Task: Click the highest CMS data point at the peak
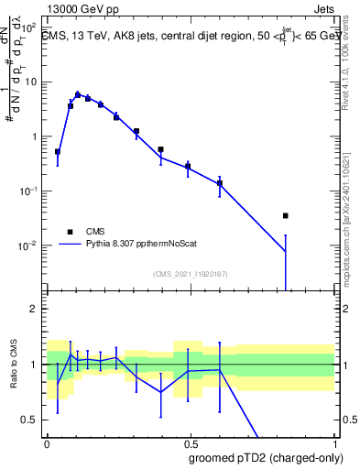click(x=78, y=94)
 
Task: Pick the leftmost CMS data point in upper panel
click(x=58, y=152)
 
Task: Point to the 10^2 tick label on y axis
click(x=28, y=27)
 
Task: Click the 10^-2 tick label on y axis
click(x=28, y=245)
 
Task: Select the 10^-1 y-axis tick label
click(x=28, y=191)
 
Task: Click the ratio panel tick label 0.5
click(x=31, y=420)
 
